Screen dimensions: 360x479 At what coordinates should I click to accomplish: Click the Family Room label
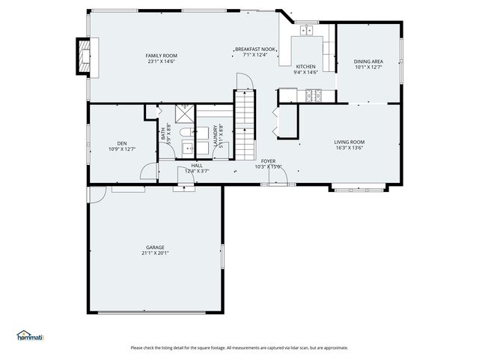tap(161, 55)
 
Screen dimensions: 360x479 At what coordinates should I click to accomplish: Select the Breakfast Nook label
tap(255, 49)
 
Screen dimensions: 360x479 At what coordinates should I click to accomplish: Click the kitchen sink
tap(306, 31)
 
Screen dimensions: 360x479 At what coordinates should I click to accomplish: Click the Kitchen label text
tap(306, 67)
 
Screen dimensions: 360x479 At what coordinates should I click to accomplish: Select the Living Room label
tap(349, 142)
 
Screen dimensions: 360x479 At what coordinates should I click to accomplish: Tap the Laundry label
tap(216, 134)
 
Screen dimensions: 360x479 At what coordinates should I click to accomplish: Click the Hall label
tap(196, 165)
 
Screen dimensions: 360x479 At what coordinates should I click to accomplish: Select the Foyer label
tap(268, 160)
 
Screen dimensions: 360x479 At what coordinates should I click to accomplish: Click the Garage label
tap(155, 247)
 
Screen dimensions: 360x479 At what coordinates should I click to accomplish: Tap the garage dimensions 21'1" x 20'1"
tap(155, 253)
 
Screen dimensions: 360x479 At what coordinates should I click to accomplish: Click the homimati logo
tap(30, 336)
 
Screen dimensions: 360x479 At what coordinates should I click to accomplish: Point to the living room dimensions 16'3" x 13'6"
tap(349, 148)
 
